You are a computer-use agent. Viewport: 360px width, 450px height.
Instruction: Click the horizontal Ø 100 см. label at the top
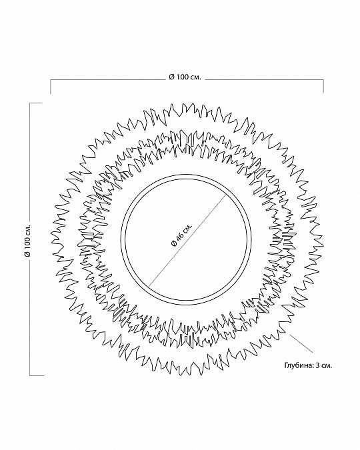coord(185,77)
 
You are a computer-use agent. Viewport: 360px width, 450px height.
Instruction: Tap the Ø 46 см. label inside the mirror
coord(181,235)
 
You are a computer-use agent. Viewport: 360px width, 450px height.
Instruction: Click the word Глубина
coord(299,366)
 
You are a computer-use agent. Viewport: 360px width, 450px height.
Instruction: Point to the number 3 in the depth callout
coord(317,365)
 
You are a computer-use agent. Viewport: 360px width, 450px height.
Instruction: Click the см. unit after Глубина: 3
coord(327,366)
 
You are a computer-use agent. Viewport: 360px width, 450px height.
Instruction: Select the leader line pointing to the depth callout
coord(301,343)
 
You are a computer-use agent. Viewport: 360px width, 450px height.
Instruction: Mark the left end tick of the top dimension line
coord(51,87)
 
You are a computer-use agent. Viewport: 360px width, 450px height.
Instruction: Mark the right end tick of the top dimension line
coord(324,86)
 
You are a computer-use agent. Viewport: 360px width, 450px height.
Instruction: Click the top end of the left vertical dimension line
coord(30,103)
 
